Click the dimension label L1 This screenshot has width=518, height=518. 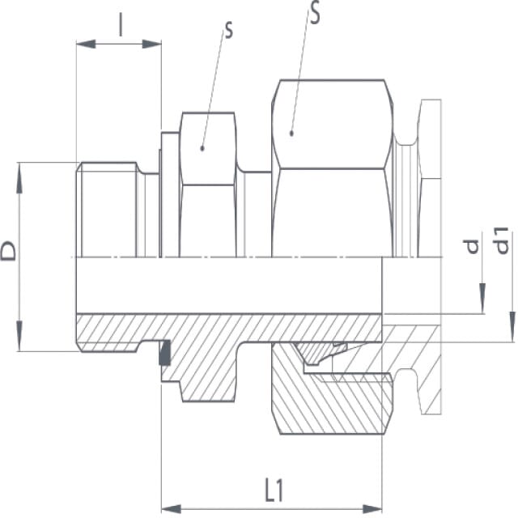pos(274,490)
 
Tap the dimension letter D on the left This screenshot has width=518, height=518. pos(9,251)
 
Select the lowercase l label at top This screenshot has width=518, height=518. pos(121,25)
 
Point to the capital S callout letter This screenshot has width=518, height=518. pos(315,13)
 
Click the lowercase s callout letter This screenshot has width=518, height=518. pos(228,31)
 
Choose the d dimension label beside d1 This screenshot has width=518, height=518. pos(472,247)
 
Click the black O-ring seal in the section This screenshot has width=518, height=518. pos(165,353)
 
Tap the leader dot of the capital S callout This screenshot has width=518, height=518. pos(291,134)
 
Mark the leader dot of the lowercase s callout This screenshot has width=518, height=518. pos(202,148)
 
